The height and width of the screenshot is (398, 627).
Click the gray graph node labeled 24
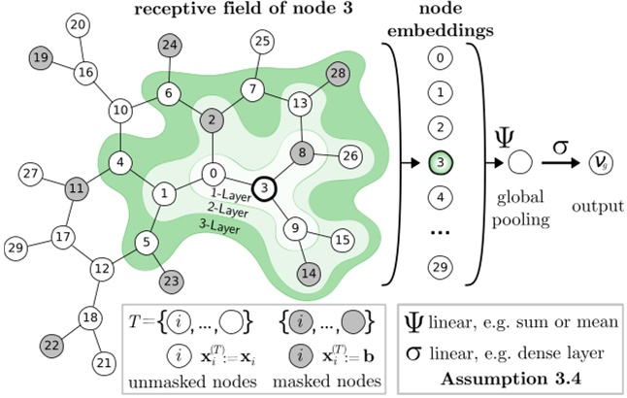(171, 44)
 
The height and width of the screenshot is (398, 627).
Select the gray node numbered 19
(41, 58)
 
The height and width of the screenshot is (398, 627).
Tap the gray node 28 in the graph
(337, 74)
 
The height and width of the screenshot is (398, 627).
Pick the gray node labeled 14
(308, 273)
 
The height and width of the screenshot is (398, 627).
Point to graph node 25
(261, 41)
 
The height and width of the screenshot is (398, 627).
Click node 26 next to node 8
(351, 155)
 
